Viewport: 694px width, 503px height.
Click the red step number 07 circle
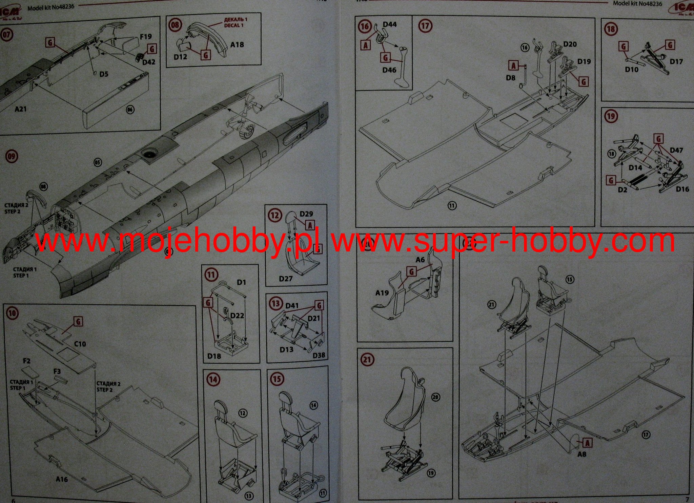[6, 35]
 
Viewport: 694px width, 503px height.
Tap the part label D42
[149, 62]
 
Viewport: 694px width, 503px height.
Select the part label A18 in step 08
[237, 45]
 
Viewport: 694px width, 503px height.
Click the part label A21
[20, 109]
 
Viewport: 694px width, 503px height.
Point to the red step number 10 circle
[12, 313]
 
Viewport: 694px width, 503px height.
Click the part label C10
[80, 344]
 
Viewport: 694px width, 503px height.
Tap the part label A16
[62, 479]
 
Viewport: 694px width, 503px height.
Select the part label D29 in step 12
[306, 214]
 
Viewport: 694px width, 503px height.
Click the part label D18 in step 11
[214, 356]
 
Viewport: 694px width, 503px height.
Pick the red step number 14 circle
[213, 379]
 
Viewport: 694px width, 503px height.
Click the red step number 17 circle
[425, 26]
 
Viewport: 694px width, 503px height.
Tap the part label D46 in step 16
[389, 70]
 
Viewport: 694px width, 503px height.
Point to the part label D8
[510, 78]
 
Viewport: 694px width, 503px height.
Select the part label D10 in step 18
[632, 69]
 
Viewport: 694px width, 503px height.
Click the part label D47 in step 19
[676, 150]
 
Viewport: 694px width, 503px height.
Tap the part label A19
[382, 293]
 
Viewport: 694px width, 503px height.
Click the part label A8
[581, 454]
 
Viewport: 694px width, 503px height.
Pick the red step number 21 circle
[367, 359]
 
